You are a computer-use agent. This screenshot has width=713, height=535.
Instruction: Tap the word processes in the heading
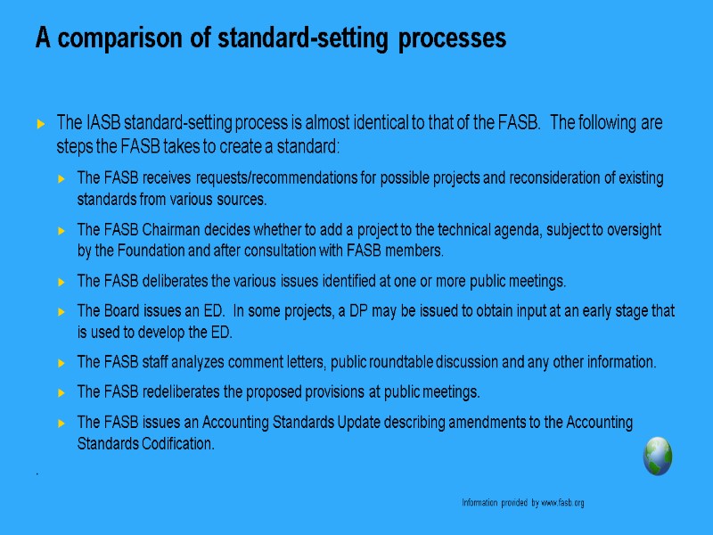point(453,39)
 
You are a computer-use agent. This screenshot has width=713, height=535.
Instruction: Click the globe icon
point(658,456)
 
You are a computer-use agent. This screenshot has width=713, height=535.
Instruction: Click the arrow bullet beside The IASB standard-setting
point(41,122)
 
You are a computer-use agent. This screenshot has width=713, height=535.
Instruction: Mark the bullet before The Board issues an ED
point(61,311)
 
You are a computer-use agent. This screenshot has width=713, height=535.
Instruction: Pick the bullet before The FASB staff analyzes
point(61,363)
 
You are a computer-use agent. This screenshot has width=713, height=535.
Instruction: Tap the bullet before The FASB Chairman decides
point(61,230)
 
